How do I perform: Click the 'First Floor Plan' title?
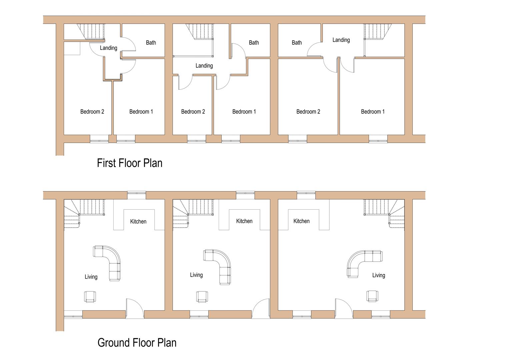pyautogui.click(x=129, y=163)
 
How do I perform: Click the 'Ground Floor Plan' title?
pyautogui.click(x=137, y=343)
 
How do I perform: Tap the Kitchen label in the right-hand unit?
pyautogui.click(x=301, y=221)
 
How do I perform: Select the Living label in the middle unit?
pyautogui.click(x=196, y=275)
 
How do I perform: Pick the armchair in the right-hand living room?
pyautogui.click(x=372, y=296)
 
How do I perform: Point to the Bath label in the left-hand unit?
pyautogui.click(x=151, y=43)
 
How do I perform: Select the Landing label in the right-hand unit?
pyautogui.click(x=341, y=40)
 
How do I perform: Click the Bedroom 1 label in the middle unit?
pyautogui.click(x=244, y=112)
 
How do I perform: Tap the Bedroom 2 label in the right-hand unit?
pyautogui.click(x=308, y=112)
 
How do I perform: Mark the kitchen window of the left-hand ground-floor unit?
pyautogui.click(x=137, y=195)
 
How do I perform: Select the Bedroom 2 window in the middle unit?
pyautogui.click(x=196, y=139)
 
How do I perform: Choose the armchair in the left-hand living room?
pyautogui.click(x=90, y=296)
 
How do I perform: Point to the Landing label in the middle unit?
pyautogui.click(x=204, y=66)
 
